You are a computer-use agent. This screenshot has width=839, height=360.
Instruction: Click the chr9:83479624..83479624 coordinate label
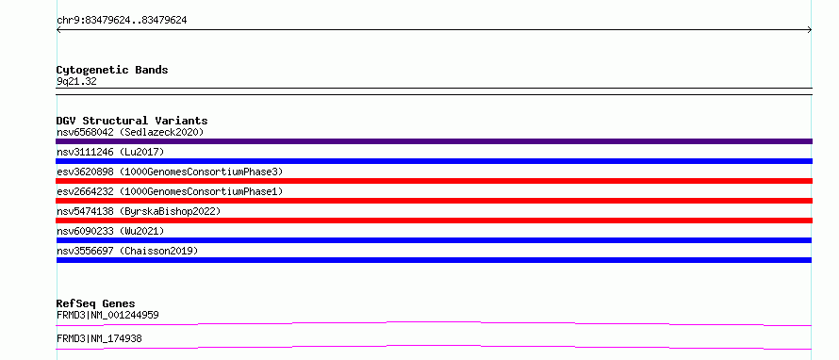(122, 21)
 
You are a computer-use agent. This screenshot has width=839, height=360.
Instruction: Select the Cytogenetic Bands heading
(112, 70)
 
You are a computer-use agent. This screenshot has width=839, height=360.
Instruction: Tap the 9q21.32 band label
(76, 82)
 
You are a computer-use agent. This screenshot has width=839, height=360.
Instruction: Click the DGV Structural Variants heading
(132, 121)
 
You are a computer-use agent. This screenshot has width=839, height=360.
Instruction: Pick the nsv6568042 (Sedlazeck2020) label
(130, 132)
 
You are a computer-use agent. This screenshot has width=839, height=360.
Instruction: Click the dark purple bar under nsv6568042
(434, 141)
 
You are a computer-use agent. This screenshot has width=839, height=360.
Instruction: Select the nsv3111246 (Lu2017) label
(110, 152)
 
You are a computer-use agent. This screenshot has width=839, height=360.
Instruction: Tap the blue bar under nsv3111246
(434, 161)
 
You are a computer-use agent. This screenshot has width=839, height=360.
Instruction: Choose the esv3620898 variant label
(170, 172)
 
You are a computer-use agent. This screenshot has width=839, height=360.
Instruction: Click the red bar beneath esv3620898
(434, 181)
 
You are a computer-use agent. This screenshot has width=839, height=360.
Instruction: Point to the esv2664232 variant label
(170, 191)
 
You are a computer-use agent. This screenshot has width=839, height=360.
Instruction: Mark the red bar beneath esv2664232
(434, 201)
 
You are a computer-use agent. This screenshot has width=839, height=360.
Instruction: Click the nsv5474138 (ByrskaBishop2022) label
(139, 211)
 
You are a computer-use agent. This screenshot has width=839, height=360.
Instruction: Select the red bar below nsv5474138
(434, 221)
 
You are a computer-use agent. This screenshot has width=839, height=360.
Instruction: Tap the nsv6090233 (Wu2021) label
(110, 231)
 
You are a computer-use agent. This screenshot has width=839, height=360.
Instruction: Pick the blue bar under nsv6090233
(434, 240)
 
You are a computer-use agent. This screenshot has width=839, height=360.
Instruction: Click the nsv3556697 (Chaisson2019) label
(127, 251)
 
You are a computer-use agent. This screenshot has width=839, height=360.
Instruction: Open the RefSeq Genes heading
(96, 303)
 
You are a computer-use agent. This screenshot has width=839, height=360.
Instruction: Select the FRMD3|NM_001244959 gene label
(107, 315)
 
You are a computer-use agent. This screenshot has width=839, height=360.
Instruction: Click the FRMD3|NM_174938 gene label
(99, 338)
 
